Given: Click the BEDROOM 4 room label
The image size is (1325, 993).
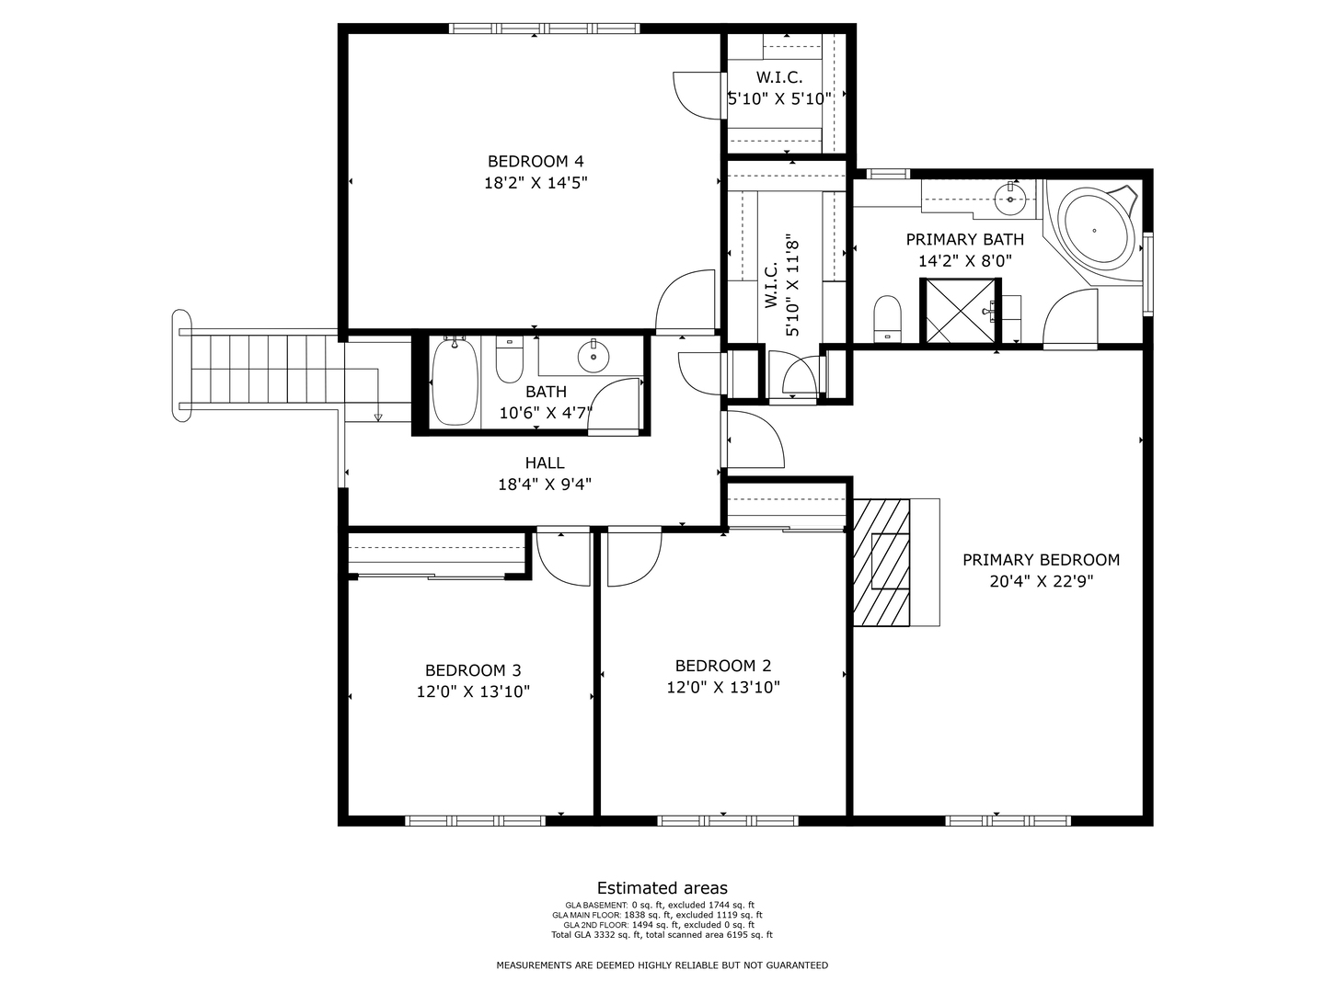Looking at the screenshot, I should [535, 161].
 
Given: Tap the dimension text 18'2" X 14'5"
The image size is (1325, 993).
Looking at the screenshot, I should [535, 183].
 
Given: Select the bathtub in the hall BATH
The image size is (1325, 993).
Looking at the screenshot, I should [455, 382].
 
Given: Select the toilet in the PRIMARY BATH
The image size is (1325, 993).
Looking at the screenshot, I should [887, 318].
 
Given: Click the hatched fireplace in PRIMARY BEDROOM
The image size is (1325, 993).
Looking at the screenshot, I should [881, 562].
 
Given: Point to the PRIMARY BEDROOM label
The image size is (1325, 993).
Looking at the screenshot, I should [1041, 560].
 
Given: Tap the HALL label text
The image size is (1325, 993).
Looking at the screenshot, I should [545, 463].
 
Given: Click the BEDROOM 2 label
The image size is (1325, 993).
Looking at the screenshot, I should [722, 666].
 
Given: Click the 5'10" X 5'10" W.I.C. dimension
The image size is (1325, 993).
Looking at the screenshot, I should [779, 98].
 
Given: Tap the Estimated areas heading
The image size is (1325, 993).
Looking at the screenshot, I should [662, 888].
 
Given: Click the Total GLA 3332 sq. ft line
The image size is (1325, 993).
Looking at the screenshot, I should [662, 935].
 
